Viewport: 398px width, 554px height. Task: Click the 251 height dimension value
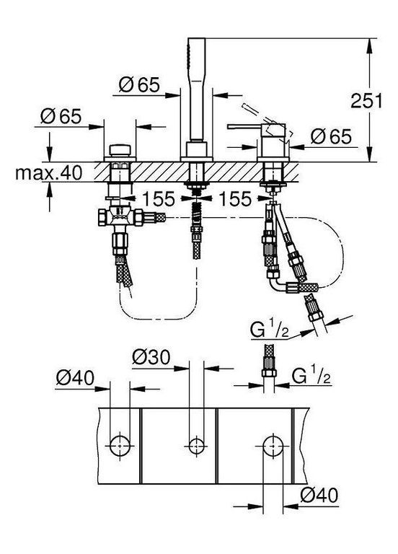tap(366, 101)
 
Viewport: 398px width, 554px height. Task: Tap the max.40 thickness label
tap(49, 173)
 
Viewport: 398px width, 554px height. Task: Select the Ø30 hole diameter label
tap(151, 357)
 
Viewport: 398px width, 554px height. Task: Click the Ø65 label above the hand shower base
tap(139, 84)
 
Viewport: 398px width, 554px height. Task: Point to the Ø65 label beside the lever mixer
tap(331, 136)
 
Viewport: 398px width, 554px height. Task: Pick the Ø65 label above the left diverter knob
tap(61, 116)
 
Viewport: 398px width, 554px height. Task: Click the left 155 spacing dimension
tap(158, 198)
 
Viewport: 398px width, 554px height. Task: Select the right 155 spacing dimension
tap(235, 198)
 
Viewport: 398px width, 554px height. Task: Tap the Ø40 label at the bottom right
tap(319, 495)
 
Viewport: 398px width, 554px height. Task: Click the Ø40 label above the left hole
tap(75, 378)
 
